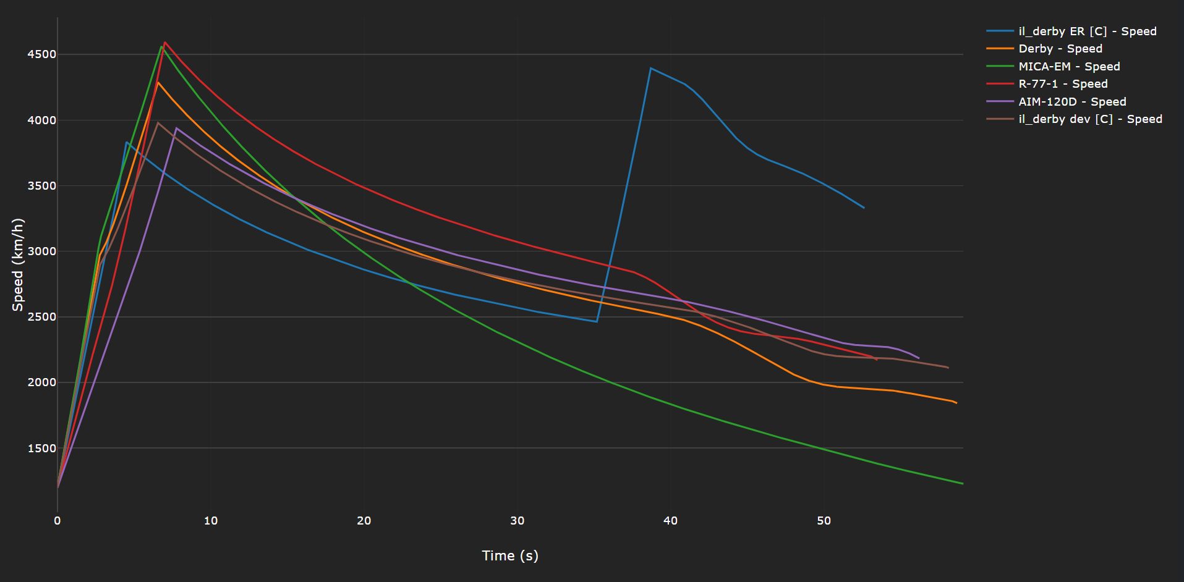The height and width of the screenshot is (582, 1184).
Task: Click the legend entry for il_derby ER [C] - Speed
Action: point(1087,32)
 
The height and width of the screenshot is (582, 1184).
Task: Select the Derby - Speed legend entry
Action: point(1060,49)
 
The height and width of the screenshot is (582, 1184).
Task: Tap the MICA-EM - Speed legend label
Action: point(1069,67)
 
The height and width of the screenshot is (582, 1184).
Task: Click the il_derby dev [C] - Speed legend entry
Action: point(1090,119)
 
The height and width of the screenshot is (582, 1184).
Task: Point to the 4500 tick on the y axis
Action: point(41,54)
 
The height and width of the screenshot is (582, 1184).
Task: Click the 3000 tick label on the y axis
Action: point(41,251)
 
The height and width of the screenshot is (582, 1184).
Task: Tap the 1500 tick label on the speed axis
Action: point(41,449)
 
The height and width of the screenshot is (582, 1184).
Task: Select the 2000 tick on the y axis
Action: point(41,382)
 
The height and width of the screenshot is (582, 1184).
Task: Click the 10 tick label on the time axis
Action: point(211,521)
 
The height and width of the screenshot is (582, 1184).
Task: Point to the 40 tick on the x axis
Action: point(671,521)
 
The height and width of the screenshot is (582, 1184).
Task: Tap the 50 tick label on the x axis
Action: point(824,521)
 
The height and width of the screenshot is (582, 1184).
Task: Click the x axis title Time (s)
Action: point(510,555)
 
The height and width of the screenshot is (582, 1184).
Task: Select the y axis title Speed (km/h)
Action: point(18,264)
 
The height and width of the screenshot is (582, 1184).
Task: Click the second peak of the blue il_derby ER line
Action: point(650,68)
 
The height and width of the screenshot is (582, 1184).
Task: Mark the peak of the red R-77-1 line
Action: point(165,42)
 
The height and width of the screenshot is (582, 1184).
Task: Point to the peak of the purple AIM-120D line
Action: point(176,128)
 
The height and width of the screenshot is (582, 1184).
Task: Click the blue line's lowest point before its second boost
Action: point(597,321)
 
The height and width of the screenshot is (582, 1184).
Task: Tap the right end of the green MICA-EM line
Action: point(962,483)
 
